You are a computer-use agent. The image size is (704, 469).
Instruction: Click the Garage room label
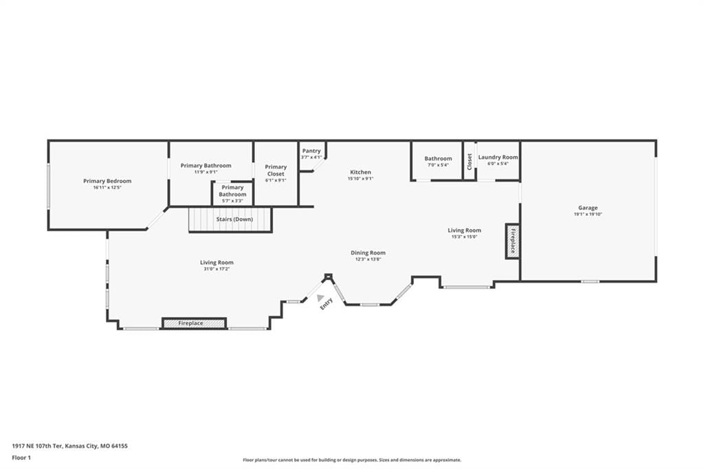coord(588,208)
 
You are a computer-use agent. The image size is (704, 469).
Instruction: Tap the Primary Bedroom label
coord(107,181)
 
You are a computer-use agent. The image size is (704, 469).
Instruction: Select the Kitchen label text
coord(360,172)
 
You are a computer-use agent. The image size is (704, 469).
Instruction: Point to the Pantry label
coord(311,151)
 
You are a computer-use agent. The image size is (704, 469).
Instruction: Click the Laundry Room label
coord(498,157)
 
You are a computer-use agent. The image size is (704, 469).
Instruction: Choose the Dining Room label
coord(368,253)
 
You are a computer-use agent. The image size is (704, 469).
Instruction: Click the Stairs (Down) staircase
coord(230,219)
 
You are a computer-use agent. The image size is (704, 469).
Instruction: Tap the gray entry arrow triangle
coord(320,297)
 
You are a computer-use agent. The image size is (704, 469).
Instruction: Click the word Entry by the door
coord(327,304)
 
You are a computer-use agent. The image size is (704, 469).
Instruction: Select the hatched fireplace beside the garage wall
coord(512,241)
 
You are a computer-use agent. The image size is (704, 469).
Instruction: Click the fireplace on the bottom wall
coord(194,323)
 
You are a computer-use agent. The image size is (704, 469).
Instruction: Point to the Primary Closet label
coord(276,171)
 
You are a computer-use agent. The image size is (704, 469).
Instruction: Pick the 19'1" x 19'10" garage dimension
coord(588,215)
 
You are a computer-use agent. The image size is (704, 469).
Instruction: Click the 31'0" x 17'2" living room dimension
coord(217,269)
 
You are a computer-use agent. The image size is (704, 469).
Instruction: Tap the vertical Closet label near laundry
coord(470,162)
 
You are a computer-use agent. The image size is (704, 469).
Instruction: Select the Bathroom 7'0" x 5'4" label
coord(438,162)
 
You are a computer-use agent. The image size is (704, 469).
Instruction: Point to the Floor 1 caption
coord(21,458)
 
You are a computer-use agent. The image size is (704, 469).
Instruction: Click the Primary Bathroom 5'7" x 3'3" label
coord(232,194)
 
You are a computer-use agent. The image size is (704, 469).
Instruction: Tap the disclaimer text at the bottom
coord(352,460)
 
